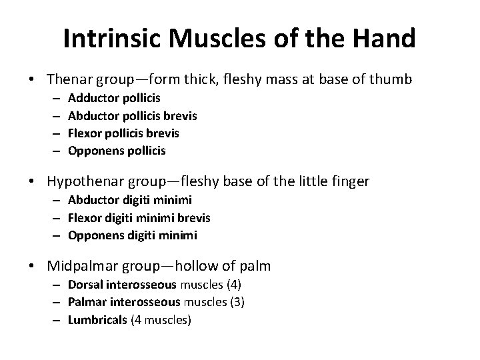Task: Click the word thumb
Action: (392, 79)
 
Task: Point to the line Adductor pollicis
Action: (109, 99)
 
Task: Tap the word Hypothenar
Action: (84, 182)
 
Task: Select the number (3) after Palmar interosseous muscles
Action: (237, 302)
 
